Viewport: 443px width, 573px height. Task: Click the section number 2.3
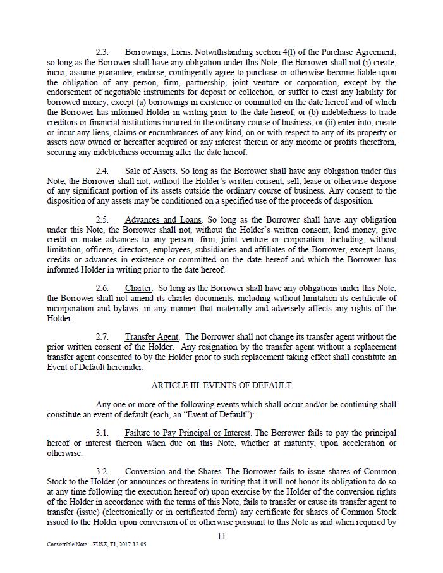(x=102, y=52)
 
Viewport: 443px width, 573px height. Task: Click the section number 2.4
(x=102, y=171)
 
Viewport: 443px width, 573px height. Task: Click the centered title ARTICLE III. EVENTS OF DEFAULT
(x=221, y=386)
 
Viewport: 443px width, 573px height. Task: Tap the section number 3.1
(x=102, y=433)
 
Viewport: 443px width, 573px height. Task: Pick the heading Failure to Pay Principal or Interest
(x=188, y=433)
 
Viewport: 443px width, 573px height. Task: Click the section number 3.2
(x=102, y=472)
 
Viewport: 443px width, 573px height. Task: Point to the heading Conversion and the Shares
(x=173, y=472)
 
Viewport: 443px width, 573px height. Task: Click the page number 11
(x=221, y=537)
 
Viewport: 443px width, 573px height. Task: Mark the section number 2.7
(x=102, y=337)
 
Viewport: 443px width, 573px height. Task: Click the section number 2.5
(x=102, y=220)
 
